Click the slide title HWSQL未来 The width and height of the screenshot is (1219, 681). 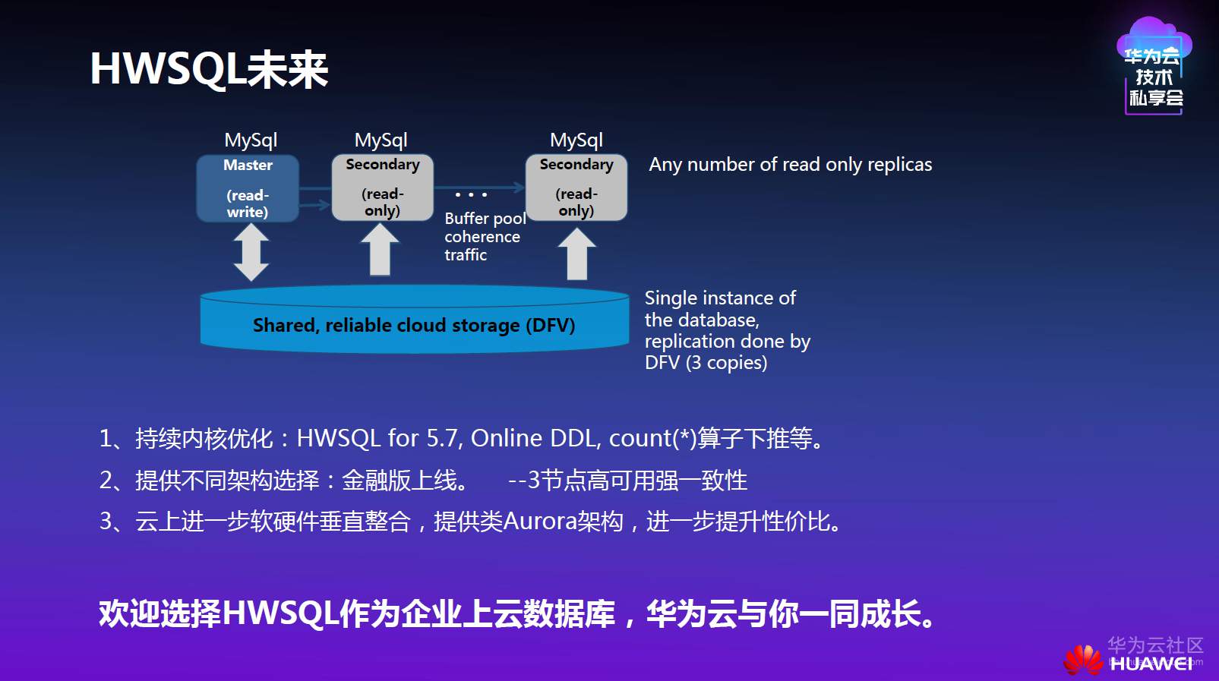tap(209, 69)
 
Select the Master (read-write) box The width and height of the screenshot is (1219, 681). tap(248, 188)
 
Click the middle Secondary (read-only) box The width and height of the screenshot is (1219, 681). tap(382, 188)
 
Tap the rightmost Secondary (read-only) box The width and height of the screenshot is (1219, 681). tap(576, 188)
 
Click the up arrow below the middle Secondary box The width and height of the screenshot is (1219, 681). tap(380, 251)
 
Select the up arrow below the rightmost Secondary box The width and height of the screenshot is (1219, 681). tap(577, 254)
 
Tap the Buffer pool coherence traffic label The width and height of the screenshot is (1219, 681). tap(484, 237)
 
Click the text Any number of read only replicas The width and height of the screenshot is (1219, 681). tap(790, 165)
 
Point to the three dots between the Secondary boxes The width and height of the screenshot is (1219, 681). tap(471, 195)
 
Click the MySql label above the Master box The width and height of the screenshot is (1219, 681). tap(251, 140)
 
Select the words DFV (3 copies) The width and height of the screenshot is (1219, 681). tap(706, 363)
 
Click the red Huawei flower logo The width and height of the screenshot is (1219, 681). tap(1083, 660)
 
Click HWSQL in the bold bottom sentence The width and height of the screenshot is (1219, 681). tap(280, 613)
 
